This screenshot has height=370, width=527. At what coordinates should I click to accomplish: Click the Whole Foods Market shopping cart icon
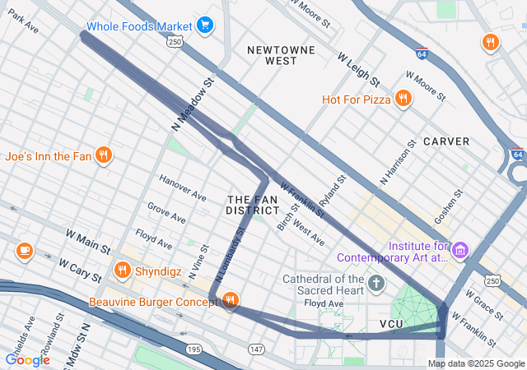pyautogui.click(x=205, y=25)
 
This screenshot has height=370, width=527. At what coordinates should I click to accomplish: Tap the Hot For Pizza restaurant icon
pyautogui.click(x=403, y=99)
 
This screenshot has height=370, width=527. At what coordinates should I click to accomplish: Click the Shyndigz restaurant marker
pyautogui.click(x=123, y=269)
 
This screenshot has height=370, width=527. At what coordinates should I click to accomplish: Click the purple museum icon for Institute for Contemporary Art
pyautogui.click(x=460, y=249)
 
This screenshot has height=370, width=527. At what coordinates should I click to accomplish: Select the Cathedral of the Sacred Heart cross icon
pyautogui.click(x=376, y=284)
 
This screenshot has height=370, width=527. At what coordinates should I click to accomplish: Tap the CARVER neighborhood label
pyautogui.click(x=446, y=141)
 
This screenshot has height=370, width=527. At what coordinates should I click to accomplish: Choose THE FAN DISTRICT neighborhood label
pyautogui.click(x=253, y=206)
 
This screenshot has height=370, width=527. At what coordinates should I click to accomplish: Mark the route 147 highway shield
pyautogui.click(x=256, y=350)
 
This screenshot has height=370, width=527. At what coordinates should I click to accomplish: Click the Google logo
pyautogui.click(x=28, y=359)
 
